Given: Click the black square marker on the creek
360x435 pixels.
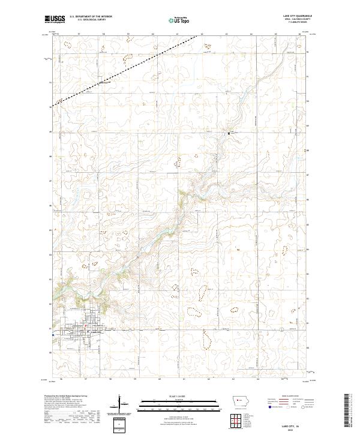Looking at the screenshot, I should pyautogui.click(x=229, y=132).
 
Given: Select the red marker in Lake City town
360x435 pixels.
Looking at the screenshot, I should pyautogui.click(x=85, y=326).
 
